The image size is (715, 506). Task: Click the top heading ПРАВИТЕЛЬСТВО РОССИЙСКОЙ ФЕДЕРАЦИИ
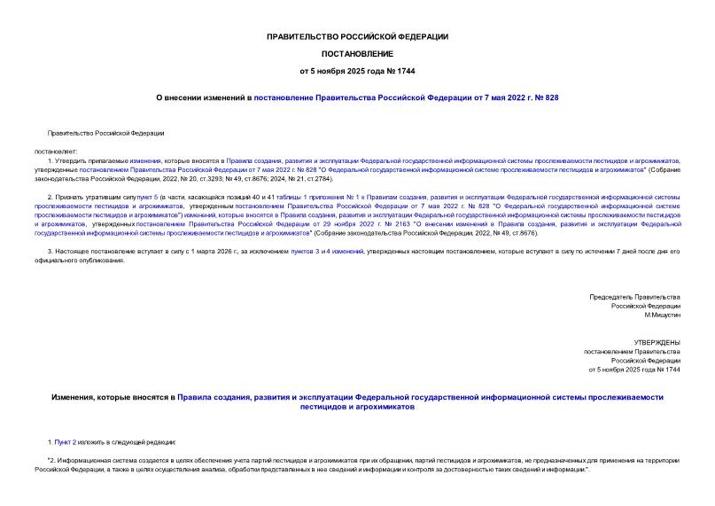click(x=357, y=36)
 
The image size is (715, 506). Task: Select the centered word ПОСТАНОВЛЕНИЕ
click(x=357, y=54)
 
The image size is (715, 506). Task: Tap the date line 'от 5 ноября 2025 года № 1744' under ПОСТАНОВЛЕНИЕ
click(x=357, y=71)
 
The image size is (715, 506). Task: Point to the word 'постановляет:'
click(x=56, y=151)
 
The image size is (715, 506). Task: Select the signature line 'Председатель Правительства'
click(x=634, y=295)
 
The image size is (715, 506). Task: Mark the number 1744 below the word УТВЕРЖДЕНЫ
click(x=672, y=370)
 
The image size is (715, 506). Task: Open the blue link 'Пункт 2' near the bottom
click(x=67, y=441)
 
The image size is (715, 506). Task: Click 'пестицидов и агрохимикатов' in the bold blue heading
click(x=357, y=407)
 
